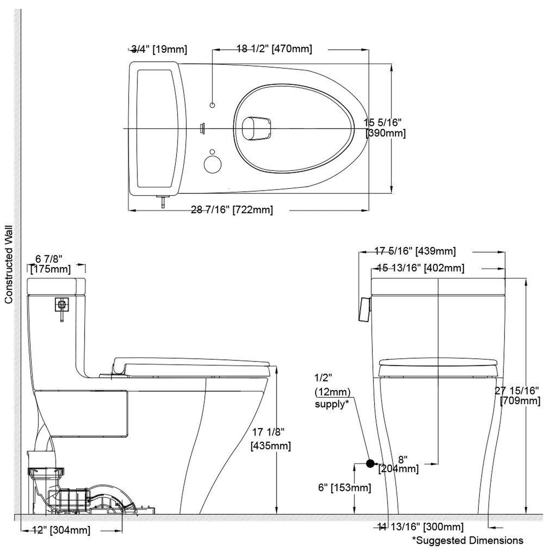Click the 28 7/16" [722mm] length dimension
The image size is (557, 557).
pyautogui.click(x=232, y=210)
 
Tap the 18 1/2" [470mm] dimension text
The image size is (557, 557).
pyautogui.click(x=274, y=49)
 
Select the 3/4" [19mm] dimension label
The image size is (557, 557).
pyautogui.click(x=159, y=49)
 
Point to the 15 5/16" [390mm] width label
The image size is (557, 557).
pyautogui.click(x=384, y=128)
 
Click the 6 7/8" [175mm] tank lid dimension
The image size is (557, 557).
pyautogui.click(x=50, y=264)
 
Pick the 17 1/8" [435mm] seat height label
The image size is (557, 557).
pyautogui.click(x=271, y=439)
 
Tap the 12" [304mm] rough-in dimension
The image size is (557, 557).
pyautogui.click(x=61, y=530)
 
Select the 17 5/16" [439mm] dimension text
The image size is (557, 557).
pyautogui.click(x=415, y=251)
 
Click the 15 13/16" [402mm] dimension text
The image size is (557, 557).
pyautogui.click(x=421, y=268)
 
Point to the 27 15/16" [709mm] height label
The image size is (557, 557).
pyautogui.click(x=518, y=396)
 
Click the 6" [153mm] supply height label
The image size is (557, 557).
pyautogui.click(x=344, y=488)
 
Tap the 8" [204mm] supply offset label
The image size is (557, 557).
pyautogui.click(x=399, y=464)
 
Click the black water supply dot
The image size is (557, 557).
pyautogui.click(x=370, y=464)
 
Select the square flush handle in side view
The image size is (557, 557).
pyautogui.click(x=62, y=304)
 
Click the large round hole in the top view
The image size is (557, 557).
pyautogui.click(x=212, y=164)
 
